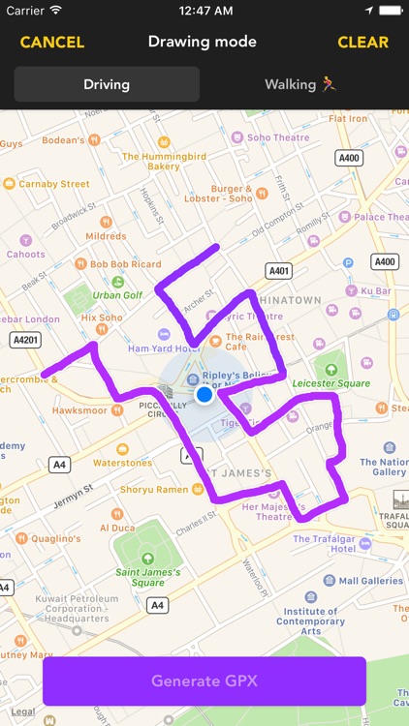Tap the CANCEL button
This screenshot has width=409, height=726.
click(52, 43)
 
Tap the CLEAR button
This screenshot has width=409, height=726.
click(362, 43)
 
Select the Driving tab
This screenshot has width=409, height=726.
click(107, 84)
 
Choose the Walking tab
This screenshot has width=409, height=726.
click(303, 84)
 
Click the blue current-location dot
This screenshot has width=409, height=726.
click(204, 395)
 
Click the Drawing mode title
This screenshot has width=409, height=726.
click(203, 42)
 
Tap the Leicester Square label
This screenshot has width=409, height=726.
click(332, 382)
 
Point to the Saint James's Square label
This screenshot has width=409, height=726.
click(147, 577)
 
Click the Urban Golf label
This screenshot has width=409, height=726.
click(117, 294)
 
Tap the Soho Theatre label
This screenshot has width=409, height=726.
click(278, 137)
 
